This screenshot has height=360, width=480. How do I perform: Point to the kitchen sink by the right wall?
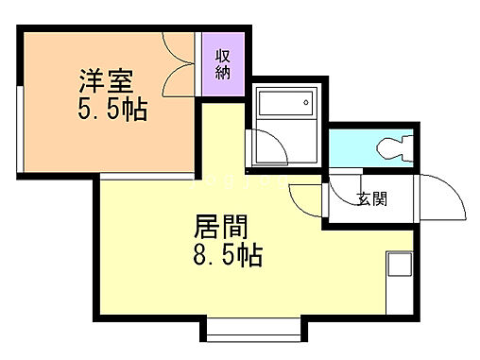tap(398, 267)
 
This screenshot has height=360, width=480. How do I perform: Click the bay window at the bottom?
tap(252, 331)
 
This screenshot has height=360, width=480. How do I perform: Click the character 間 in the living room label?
tap(236, 227)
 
